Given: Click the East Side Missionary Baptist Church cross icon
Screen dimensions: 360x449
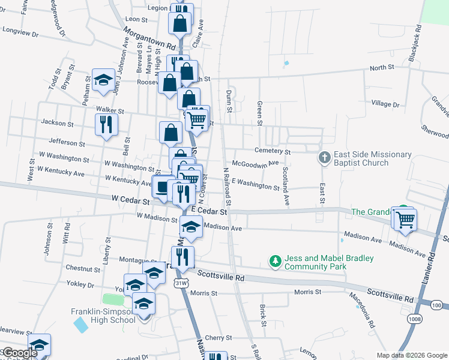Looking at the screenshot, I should click(324, 158).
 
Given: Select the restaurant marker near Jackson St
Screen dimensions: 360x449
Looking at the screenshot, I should click(106, 125).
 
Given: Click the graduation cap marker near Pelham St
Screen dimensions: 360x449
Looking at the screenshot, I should click(103, 80).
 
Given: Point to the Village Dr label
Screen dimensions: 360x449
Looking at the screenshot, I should click(385, 104).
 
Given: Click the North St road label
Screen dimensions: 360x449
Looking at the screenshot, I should click(381, 68).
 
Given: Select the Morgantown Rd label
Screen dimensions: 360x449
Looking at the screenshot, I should click(150, 38).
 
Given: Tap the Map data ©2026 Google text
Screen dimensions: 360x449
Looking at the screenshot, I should click(411, 355).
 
